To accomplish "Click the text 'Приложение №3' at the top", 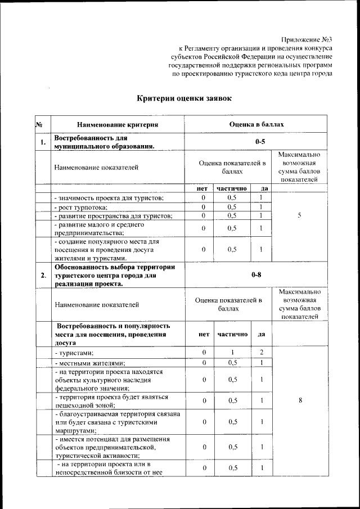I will click(307, 39).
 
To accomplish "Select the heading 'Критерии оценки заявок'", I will click(184, 98).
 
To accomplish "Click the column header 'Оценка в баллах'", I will click(256, 124).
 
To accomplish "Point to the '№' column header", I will click(39, 124).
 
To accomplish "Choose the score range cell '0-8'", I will click(256, 275).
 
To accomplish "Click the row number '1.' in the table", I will click(43, 142).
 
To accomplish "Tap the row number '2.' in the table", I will click(43, 275).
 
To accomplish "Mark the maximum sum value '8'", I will click(299, 400).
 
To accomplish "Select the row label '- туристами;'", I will click(74, 352).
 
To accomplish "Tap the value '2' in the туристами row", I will click(261, 352).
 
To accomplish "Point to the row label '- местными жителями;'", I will click(89, 363).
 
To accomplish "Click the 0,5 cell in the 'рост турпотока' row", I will click(232, 206).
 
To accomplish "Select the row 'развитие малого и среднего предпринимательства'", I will click(100, 228).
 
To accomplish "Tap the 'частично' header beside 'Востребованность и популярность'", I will click(232, 334).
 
